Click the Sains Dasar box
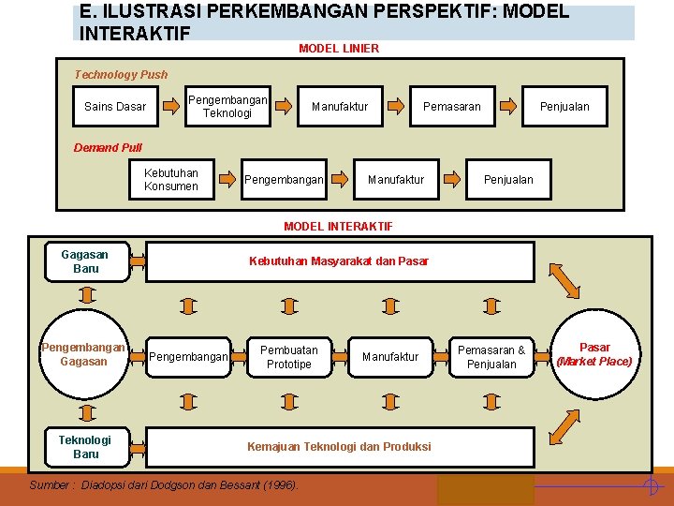115,106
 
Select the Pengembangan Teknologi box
227,106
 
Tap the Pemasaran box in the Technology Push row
451,106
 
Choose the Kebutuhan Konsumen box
171,179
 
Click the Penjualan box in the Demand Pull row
508,179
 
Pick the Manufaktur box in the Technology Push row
340,106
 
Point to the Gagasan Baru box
84,261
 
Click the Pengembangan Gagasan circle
83,354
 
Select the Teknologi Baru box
84,447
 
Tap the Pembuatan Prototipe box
288,357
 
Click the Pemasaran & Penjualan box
491,357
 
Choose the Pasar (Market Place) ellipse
594,354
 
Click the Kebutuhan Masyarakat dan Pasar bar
339,261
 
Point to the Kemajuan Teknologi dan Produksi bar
339,447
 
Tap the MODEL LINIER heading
339,48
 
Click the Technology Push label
121,74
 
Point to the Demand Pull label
108,147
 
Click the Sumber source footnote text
164,485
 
